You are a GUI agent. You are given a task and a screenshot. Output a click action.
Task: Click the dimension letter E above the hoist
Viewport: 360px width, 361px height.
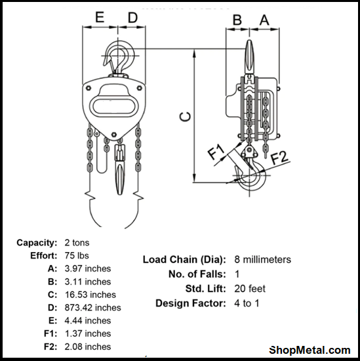click(100, 18)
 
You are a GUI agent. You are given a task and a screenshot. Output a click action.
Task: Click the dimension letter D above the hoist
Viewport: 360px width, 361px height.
click(132, 18)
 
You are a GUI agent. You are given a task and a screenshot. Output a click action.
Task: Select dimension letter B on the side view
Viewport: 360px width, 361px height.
click(237, 20)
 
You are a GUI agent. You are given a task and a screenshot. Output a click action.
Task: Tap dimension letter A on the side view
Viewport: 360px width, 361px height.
click(264, 20)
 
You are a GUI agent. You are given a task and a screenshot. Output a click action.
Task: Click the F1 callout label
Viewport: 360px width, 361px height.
click(216, 152)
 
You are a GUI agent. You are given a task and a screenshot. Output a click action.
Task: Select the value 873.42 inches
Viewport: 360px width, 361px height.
click(92, 307)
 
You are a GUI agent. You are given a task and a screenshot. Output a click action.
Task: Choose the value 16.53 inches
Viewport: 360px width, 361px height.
click(90, 295)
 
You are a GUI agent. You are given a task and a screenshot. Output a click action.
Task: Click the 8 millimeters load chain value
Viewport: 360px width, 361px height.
click(262, 259)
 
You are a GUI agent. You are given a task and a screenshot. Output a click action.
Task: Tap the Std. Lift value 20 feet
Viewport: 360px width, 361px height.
click(249, 288)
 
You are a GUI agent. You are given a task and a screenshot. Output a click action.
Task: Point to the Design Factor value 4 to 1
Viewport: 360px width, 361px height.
click(247, 303)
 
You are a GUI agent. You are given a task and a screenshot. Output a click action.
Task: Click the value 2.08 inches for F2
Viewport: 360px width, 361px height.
click(88, 347)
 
